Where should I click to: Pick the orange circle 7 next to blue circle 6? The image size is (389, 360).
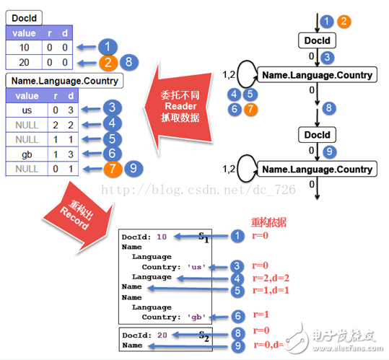point(250,110)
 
